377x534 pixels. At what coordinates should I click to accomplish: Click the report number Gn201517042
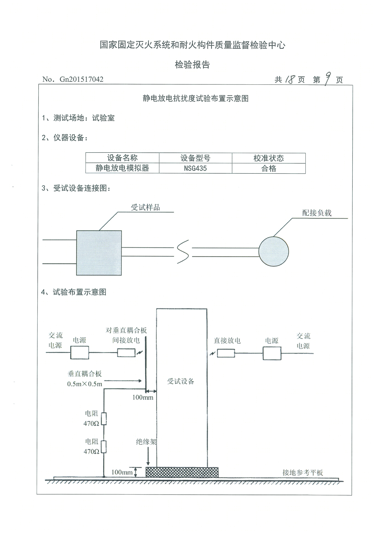click(81, 80)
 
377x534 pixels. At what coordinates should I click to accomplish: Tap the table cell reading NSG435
click(195, 169)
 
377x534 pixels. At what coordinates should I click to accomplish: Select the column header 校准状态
click(269, 158)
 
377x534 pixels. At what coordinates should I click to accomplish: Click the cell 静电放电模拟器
click(122, 169)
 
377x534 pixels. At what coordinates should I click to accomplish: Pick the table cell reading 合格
click(269, 169)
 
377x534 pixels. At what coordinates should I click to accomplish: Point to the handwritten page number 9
click(327, 79)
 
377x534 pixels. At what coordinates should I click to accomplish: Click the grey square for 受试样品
click(99, 253)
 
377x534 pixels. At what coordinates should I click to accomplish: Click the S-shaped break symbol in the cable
click(183, 252)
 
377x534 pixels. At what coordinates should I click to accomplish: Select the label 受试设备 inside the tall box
click(181, 381)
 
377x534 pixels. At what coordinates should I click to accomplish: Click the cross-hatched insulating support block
click(182, 472)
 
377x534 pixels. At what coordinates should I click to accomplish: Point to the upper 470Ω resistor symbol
click(104, 419)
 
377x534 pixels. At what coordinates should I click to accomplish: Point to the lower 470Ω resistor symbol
click(104, 447)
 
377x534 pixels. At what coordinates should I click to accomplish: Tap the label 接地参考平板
click(303, 473)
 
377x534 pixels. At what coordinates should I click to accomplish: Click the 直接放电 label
click(227, 340)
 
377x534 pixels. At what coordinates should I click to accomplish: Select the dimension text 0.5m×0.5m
click(85, 384)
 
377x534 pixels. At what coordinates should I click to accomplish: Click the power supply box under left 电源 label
click(80, 352)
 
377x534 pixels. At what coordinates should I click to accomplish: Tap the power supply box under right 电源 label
click(272, 353)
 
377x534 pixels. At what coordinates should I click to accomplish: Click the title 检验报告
click(192, 65)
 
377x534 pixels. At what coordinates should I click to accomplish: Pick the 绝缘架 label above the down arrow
click(146, 442)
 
